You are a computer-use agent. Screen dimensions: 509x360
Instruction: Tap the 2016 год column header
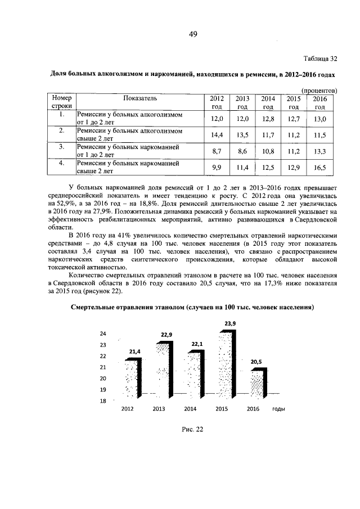point(320,102)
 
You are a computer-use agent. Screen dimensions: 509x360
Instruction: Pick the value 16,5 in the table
point(320,168)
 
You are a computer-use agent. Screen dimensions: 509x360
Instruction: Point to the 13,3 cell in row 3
point(320,151)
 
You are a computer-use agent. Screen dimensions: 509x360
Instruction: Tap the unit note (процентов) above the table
point(319,90)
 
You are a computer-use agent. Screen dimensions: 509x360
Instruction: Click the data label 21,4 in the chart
point(135,352)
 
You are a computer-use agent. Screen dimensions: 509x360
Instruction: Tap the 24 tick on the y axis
point(103,334)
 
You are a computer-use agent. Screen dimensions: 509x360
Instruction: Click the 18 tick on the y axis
point(103,401)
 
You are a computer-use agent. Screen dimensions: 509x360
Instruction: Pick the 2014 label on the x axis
point(190,409)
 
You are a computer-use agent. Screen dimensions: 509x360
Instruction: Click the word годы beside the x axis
point(279,409)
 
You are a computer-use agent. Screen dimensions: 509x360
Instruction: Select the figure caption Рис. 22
point(192,429)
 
